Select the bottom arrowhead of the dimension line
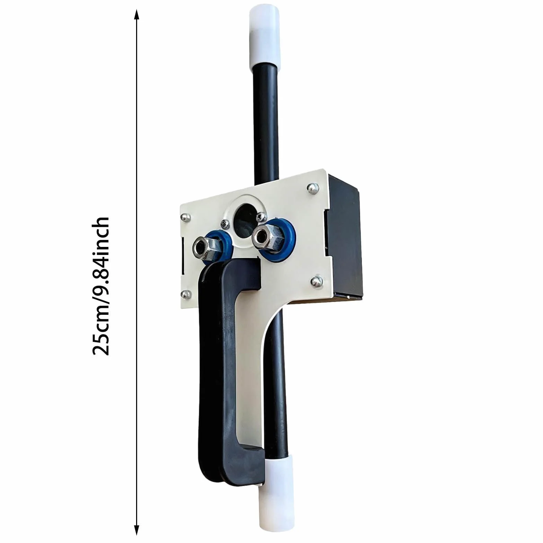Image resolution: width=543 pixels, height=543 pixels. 136,529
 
